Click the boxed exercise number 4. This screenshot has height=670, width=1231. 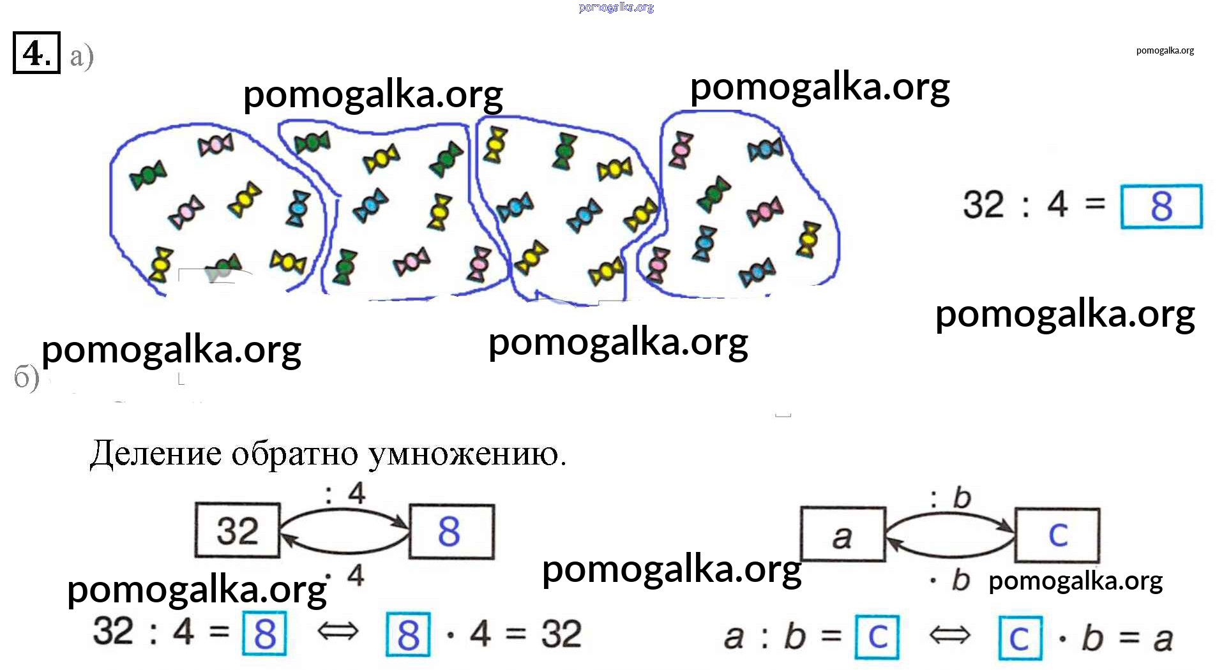(x=36, y=53)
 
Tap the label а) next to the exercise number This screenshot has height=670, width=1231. (x=82, y=56)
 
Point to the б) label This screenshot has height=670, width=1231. (x=26, y=378)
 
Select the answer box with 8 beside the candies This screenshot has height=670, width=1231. (x=1161, y=206)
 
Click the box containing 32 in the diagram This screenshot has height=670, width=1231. (x=238, y=531)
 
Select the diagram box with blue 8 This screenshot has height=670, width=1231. (x=451, y=532)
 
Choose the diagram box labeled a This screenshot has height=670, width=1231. (x=843, y=535)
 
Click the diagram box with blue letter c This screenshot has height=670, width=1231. (x=1057, y=535)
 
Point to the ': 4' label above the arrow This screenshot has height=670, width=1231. (x=345, y=493)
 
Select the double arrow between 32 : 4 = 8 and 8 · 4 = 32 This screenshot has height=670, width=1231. (x=338, y=632)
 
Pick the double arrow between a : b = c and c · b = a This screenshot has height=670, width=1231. (x=949, y=636)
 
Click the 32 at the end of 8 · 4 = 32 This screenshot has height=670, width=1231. (x=561, y=634)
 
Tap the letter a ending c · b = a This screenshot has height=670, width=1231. (x=1163, y=639)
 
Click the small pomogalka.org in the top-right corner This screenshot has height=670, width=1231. (x=1165, y=50)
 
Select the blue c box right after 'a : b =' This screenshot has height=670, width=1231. (x=877, y=636)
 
